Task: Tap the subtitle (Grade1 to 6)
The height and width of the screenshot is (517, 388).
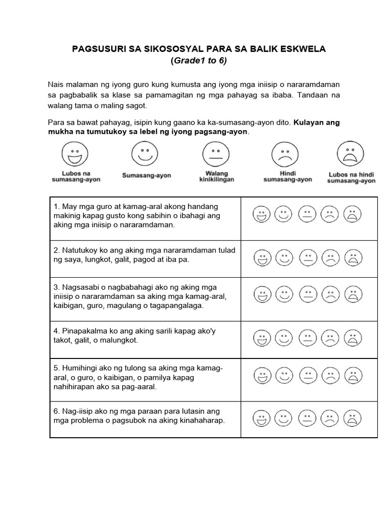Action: click(x=199, y=61)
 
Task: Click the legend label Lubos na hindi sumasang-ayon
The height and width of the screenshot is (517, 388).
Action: click(x=351, y=177)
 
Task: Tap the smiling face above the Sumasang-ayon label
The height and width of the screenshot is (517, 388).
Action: click(x=145, y=153)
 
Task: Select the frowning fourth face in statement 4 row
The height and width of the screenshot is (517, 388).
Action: click(x=330, y=338)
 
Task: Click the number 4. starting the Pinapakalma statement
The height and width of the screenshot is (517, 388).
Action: click(x=57, y=331)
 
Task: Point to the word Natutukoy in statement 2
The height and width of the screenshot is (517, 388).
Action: click(x=83, y=250)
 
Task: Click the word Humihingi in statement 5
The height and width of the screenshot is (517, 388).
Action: click(x=82, y=368)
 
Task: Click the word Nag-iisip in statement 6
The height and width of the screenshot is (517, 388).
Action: click(x=80, y=411)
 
